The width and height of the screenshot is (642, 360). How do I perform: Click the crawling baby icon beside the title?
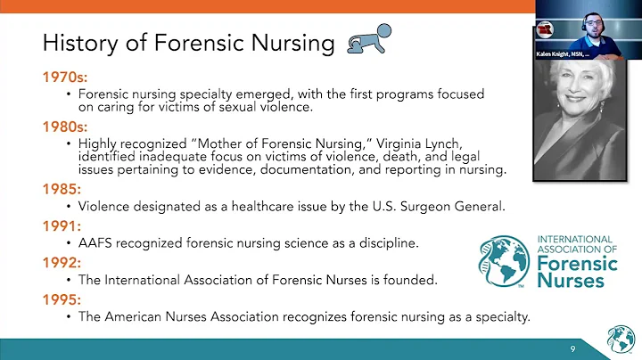[x=366, y=41]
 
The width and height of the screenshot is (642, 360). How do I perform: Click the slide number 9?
[x=573, y=348]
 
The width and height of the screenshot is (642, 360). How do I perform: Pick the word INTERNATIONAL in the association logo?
[x=575, y=240]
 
